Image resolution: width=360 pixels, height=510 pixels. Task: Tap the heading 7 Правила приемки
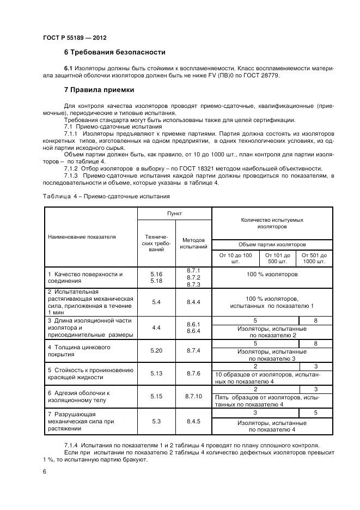99,89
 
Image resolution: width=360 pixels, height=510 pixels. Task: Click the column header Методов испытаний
193,243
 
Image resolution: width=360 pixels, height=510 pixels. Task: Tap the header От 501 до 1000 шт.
315,258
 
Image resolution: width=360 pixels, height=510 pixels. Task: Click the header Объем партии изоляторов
272,245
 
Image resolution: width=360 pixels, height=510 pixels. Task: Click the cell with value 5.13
156,373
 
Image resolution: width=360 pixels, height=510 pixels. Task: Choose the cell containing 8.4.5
193,421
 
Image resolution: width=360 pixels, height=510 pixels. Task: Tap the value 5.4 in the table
156,301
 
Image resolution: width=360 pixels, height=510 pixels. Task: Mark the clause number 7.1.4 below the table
72,445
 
